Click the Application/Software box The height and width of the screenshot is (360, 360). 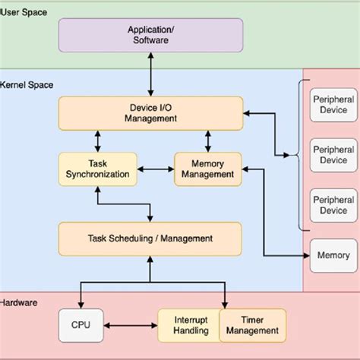150,35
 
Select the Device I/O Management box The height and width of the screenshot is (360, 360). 150,112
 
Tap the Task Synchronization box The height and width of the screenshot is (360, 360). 97,169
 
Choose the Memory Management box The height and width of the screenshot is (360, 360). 208,169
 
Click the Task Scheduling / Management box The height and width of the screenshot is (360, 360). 150,238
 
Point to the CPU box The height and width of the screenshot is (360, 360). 81,325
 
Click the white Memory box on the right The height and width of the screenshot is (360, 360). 333,256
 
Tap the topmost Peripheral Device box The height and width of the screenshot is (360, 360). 333,105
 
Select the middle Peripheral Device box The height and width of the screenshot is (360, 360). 333,155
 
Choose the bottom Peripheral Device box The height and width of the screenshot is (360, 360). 333,205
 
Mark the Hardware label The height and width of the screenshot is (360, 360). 18,302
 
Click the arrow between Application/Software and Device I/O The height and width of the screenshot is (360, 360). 150,75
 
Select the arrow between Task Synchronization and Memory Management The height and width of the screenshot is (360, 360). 156,169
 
